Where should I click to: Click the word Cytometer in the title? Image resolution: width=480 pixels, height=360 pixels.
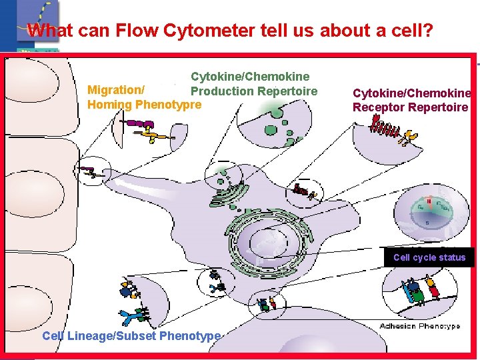pos(214,31)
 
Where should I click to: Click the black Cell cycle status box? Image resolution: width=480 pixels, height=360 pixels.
pos(429,257)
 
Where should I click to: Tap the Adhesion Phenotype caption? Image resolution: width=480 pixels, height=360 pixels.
pos(420,326)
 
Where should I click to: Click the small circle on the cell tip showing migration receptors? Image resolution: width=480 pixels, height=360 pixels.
pos(95,171)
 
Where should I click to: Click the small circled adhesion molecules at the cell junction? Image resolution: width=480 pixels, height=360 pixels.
pos(267,305)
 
